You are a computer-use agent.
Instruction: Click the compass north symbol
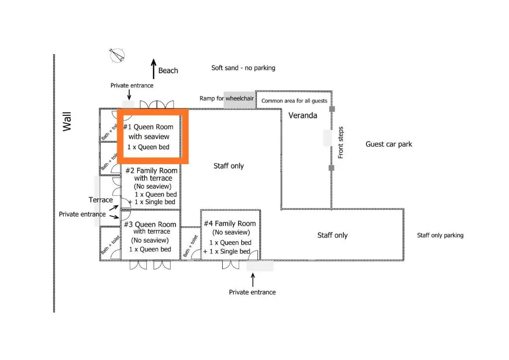click(x=117, y=55)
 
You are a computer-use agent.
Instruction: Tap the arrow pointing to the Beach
click(x=154, y=69)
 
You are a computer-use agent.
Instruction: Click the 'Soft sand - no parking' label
click(x=243, y=68)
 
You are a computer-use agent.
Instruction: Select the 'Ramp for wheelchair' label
click(x=227, y=98)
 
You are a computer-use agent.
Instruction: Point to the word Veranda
click(x=303, y=115)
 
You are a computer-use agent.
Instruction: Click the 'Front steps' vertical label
click(x=340, y=143)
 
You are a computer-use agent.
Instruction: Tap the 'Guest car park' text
click(x=389, y=144)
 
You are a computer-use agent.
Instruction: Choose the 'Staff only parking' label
click(x=440, y=235)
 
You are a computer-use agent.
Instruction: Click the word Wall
click(x=67, y=122)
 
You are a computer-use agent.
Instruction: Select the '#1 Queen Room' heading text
click(x=148, y=127)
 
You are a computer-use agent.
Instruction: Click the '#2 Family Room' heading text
click(x=151, y=171)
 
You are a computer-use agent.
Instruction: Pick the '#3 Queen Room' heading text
click(x=150, y=224)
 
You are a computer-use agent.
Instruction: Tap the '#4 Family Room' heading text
click(x=230, y=223)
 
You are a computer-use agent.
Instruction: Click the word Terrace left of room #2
click(x=100, y=200)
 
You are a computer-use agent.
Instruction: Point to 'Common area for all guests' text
click(x=294, y=101)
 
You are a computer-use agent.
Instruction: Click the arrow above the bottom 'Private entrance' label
click(x=253, y=280)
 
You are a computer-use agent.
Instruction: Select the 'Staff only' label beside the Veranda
click(x=229, y=166)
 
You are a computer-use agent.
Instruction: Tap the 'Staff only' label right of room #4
click(x=333, y=235)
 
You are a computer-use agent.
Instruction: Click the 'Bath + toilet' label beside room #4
click(x=190, y=246)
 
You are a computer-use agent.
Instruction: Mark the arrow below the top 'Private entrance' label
click(x=129, y=94)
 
